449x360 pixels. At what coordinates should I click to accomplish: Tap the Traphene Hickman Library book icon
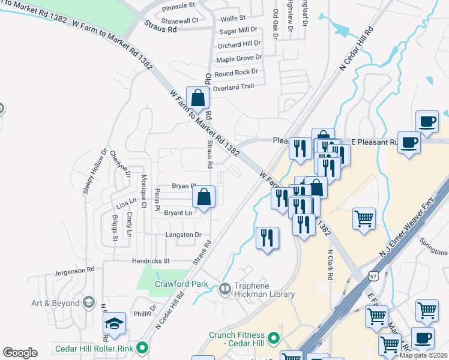[x=225, y=289]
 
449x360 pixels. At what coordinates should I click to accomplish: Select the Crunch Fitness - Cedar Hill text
[x=238, y=340]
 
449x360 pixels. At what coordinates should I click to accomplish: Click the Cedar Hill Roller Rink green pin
[x=142, y=347]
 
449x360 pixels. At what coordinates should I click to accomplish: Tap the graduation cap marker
[x=113, y=324]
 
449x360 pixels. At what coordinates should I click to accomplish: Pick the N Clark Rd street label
[x=330, y=265]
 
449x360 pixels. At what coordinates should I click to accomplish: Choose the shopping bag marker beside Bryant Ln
[x=204, y=196]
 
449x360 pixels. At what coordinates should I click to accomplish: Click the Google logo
[x=20, y=353]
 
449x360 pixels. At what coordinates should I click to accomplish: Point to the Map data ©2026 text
[x=423, y=355]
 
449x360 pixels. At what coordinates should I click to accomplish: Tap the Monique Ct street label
[x=143, y=192]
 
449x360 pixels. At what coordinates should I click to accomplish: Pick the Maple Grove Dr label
[x=239, y=59]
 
